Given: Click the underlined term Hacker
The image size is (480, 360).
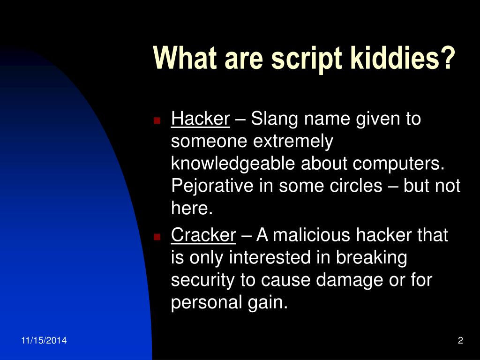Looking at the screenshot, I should (201, 120).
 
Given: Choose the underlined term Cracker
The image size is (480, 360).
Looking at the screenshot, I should (203, 235).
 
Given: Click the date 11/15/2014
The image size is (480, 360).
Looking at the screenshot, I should (44, 341).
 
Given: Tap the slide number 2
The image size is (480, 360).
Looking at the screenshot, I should (460, 341).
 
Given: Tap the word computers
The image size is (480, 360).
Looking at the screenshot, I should (398, 164).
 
